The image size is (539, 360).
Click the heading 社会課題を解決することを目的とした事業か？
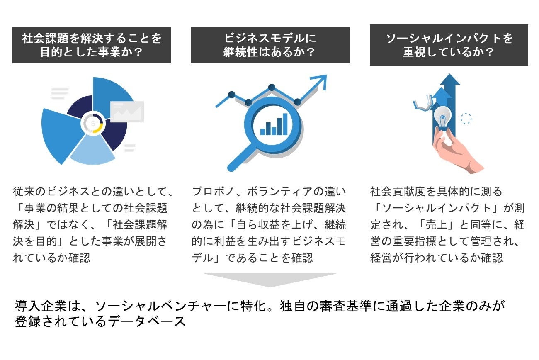(92, 45)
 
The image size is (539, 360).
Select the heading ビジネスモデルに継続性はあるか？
(270, 45)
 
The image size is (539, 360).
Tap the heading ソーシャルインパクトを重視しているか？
(449, 45)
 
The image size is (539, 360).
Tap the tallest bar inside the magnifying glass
(285, 124)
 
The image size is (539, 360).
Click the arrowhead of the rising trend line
(322, 80)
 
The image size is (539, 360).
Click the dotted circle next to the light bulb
(466, 119)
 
